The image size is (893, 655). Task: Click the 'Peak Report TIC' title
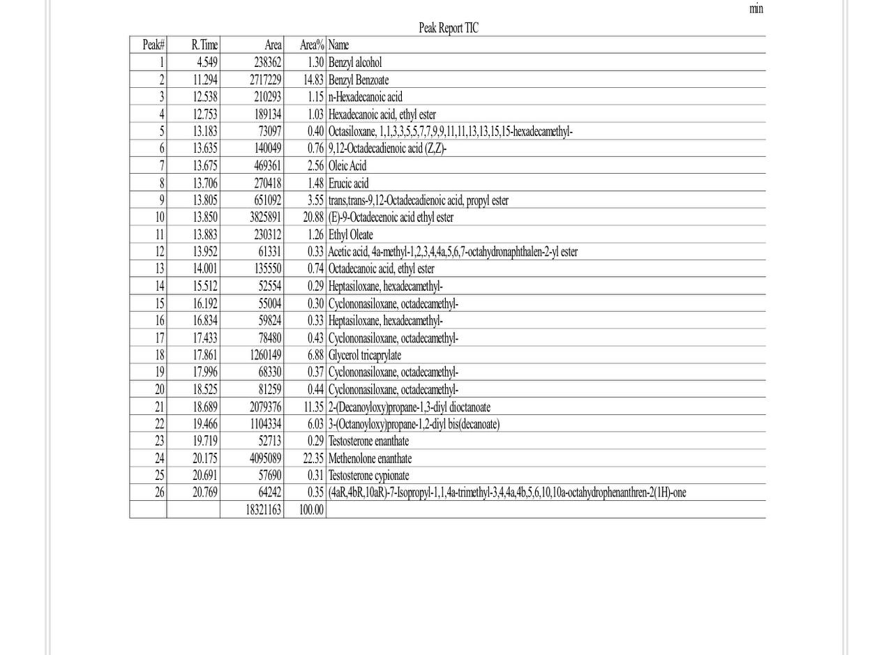point(448,28)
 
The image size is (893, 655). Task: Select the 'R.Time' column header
point(204,45)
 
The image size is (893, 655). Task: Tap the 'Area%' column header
point(312,45)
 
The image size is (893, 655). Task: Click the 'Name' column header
point(338,45)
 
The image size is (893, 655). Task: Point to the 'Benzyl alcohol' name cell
point(355,63)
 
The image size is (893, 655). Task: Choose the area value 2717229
point(265,80)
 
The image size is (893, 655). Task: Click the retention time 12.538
point(205,97)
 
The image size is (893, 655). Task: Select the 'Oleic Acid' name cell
point(347,165)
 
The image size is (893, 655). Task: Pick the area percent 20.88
point(313,217)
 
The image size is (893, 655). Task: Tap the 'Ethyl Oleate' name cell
point(350,234)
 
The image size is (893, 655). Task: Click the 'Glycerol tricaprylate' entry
point(365,355)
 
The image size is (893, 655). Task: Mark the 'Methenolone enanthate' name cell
point(370,458)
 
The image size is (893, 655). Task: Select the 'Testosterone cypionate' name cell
point(368,475)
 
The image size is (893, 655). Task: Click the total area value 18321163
point(263,510)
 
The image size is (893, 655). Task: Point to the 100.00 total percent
point(311,510)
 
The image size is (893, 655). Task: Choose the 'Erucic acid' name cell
point(348,183)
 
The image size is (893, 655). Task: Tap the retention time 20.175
point(205,458)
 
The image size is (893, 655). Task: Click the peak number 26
point(160,492)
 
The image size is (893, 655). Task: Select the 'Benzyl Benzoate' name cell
point(359,80)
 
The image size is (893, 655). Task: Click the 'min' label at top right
point(756,9)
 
